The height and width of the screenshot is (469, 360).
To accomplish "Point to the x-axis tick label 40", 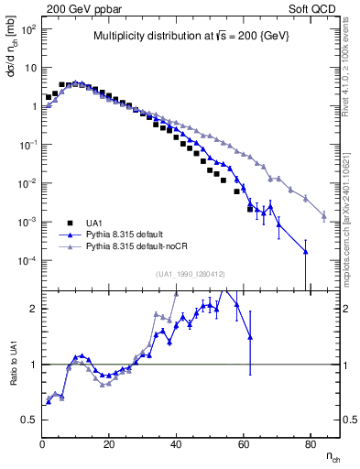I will pos(176,444).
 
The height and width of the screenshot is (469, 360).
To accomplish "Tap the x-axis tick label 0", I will pos(42,444).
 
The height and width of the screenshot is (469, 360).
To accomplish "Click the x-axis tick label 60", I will pos(243,444).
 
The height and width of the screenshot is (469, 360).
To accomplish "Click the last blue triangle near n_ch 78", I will pos(306,252).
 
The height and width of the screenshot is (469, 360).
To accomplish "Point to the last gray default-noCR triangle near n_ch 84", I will pos(323,216).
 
